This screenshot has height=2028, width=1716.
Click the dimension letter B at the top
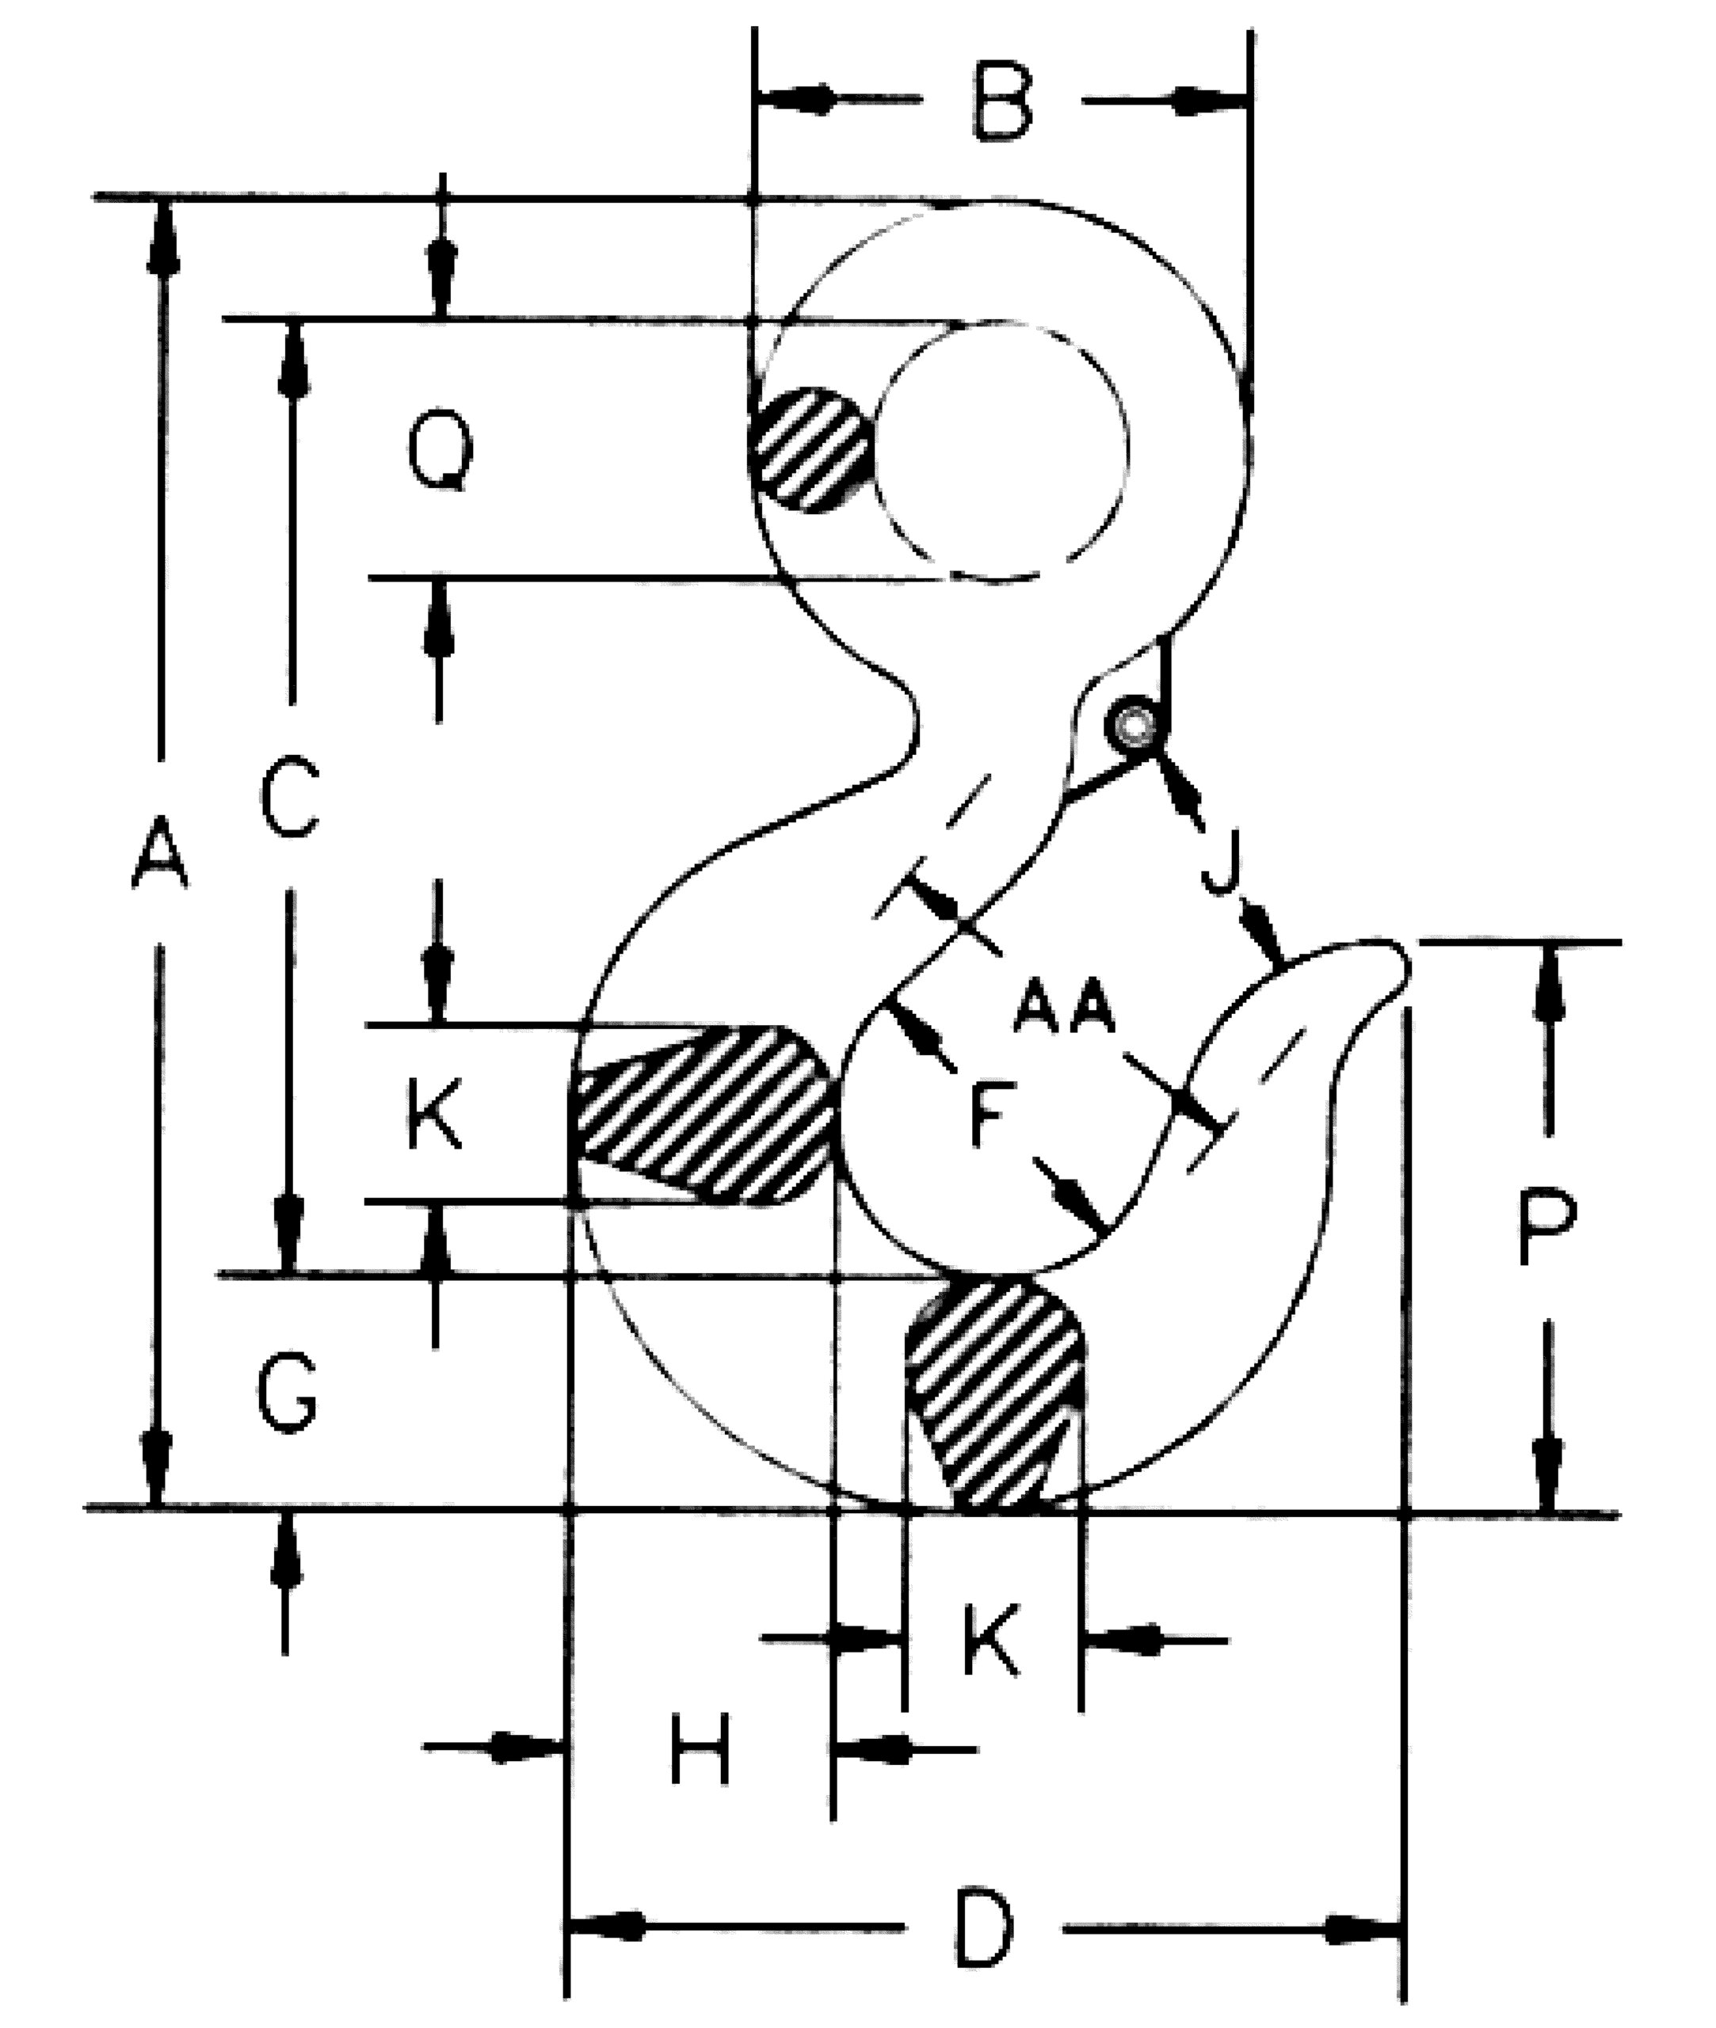[1001, 101]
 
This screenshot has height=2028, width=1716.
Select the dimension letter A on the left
[159, 852]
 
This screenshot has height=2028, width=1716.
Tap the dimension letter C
[289, 798]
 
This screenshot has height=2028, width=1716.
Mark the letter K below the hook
[990, 1641]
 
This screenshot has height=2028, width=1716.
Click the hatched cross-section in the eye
[810, 450]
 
